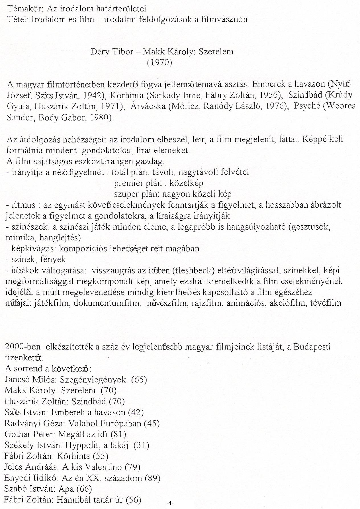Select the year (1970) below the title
coord(159,62)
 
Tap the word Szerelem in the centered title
coord(216,52)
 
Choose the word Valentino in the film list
coord(106,467)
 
